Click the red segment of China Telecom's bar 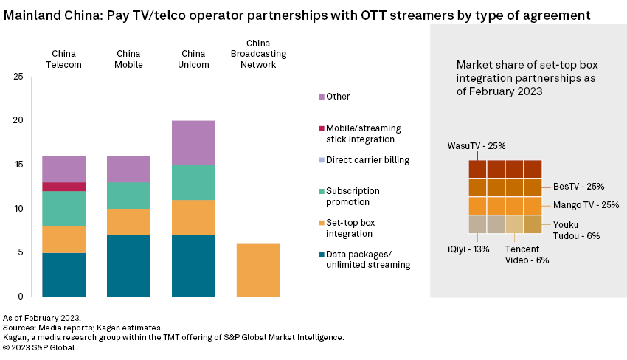(63, 187)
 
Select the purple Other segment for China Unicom (193, 142)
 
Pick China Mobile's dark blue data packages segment (128, 266)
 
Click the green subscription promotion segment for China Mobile (128, 195)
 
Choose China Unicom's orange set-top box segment (193, 218)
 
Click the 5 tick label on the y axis (21, 252)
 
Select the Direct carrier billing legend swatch (322, 159)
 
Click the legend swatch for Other (322, 97)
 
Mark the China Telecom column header (63, 59)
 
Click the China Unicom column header (193, 59)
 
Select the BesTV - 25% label (578, 187)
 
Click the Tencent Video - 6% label (527, 255)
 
